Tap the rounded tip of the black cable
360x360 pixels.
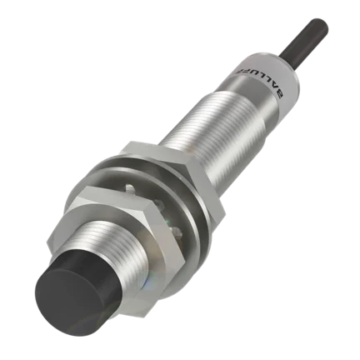(322, 23)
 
